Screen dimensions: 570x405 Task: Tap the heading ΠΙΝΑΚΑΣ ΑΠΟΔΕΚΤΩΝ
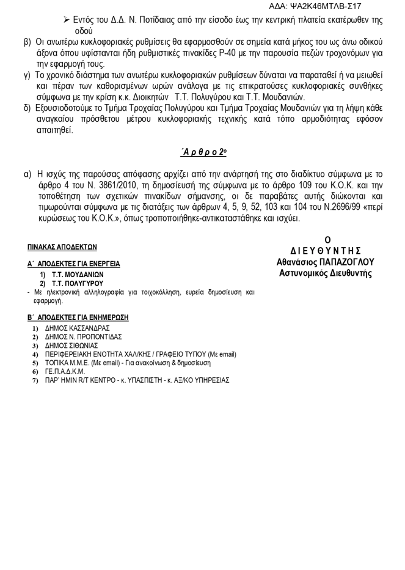(x=62, y=248)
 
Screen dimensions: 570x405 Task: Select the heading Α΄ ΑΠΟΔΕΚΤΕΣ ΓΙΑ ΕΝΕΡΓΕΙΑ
(x=73, y=264)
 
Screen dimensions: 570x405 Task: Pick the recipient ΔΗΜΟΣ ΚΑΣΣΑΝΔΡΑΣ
(x=76, y=328)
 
